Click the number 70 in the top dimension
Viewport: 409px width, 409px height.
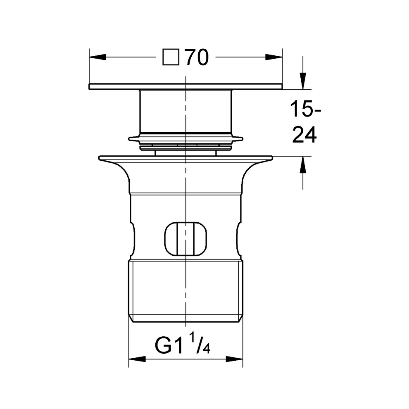pyautogui.click(x=197, y=57)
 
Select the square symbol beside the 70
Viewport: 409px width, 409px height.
pyautogui.click(x=171, y=57)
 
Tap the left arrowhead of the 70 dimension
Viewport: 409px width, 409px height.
pyautogui.click(x=97, y=57)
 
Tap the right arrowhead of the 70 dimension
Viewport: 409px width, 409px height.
pyautogui.click(x=274, y=57)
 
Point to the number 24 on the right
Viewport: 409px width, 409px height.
pyautogui.click(x=304, y=135)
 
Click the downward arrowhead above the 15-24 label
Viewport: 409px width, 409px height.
pyautogui.click(x=302, y=81)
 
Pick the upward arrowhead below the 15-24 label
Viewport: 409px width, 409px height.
pyautogui.click(x=302, y=164)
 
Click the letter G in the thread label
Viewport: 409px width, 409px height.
pyautogui.click(x=164, y=345)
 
